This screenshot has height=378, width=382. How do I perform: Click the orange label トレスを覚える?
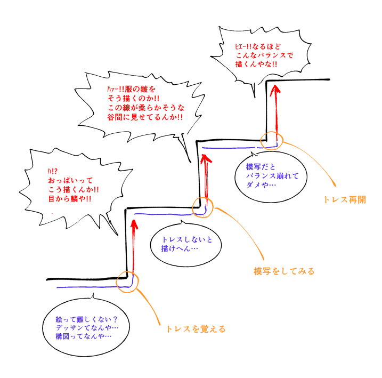pyautogui.click(x=196, y=329)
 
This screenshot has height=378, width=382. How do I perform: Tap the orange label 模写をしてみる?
pyautogui.click(x=284, y=271)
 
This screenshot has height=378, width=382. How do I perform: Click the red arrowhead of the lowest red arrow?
pyautogui.click(x=132, y=221)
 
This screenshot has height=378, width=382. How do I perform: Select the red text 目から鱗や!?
pyautogui.click(x=66, y=199)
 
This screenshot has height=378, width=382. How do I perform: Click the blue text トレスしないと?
pyautogui.click(x=187, y=239)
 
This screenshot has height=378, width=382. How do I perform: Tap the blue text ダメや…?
pyautogui.click(x=261, y=184)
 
